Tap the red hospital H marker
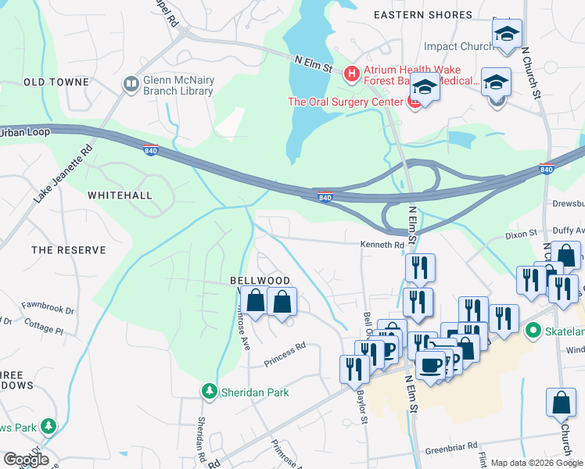pyautogui.click(x=352, y=74)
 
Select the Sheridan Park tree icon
pyautogui.click(x=209, y=391)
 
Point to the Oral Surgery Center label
pyautogui.click(x=345, y=101)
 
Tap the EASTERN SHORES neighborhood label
pyautogui.click(x=422, y=15)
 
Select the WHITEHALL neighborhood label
pyautogui.click(x=120, y=195)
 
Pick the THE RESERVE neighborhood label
pyautogui.click(x=68, y=250)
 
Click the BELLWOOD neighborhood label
pyautogui.click(x=260, y=281)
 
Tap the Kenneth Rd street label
pyautogui.click(x=382, y=245)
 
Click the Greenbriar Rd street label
pyautogui.click(x=450, y=448)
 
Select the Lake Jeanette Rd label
pyautogui.click(x=63, y=174)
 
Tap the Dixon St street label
pyautogui.click(x=521, y=233)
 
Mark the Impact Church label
pyautogui.click(x=458, y=46)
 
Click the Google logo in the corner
pyautogui.click(x=25, y=460)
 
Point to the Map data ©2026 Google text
pyautogui.click(x=536, y=463)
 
